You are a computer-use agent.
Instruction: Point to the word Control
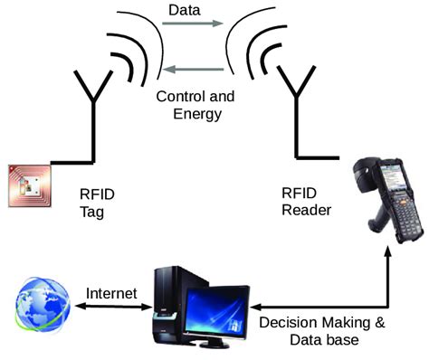tap(179, 97)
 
